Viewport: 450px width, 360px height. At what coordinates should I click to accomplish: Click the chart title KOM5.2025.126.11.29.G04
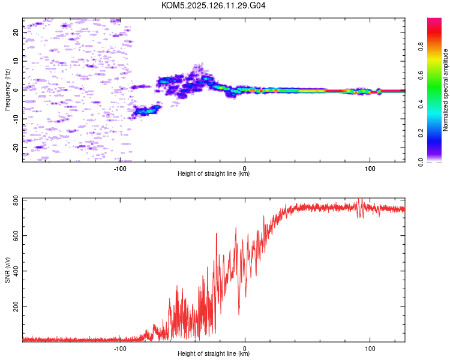coord(213,5)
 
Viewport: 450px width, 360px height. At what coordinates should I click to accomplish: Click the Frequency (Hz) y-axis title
coord(7,90)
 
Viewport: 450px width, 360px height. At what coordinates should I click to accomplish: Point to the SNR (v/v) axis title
coord(7,270)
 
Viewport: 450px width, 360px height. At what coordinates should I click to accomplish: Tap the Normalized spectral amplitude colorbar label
coord(445,90)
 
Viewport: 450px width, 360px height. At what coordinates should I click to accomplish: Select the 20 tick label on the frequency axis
coord(16,32)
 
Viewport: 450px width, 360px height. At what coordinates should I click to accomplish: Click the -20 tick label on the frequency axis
coord(16,148)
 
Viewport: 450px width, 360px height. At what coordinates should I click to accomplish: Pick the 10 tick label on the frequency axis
coord(16,61)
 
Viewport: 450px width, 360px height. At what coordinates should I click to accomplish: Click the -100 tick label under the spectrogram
coord(120,169)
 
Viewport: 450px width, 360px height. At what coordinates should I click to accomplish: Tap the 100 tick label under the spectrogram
coord(370,169)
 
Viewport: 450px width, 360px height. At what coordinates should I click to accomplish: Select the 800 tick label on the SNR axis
coord(16,200)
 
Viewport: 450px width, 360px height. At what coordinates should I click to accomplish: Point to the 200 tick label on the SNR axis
coord(16,307)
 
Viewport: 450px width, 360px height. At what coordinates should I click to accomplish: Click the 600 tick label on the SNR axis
coord(16,236)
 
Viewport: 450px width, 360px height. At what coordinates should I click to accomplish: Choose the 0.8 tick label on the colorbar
coord(421,47)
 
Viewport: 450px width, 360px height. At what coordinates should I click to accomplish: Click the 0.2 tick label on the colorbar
coord(421,133)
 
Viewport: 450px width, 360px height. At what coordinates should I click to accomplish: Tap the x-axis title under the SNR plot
coord(214,353)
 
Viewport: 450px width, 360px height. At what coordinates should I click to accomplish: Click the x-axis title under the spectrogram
coord(214,173)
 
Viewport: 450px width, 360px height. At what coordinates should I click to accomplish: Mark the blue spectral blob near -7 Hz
coord(146,110)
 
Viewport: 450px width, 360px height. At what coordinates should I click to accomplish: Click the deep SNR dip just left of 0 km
coord(239,313)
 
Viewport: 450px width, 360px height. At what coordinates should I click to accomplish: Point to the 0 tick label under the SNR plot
coord(245,349)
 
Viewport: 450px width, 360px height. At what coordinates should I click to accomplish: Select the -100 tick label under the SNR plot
coord(120,349)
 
